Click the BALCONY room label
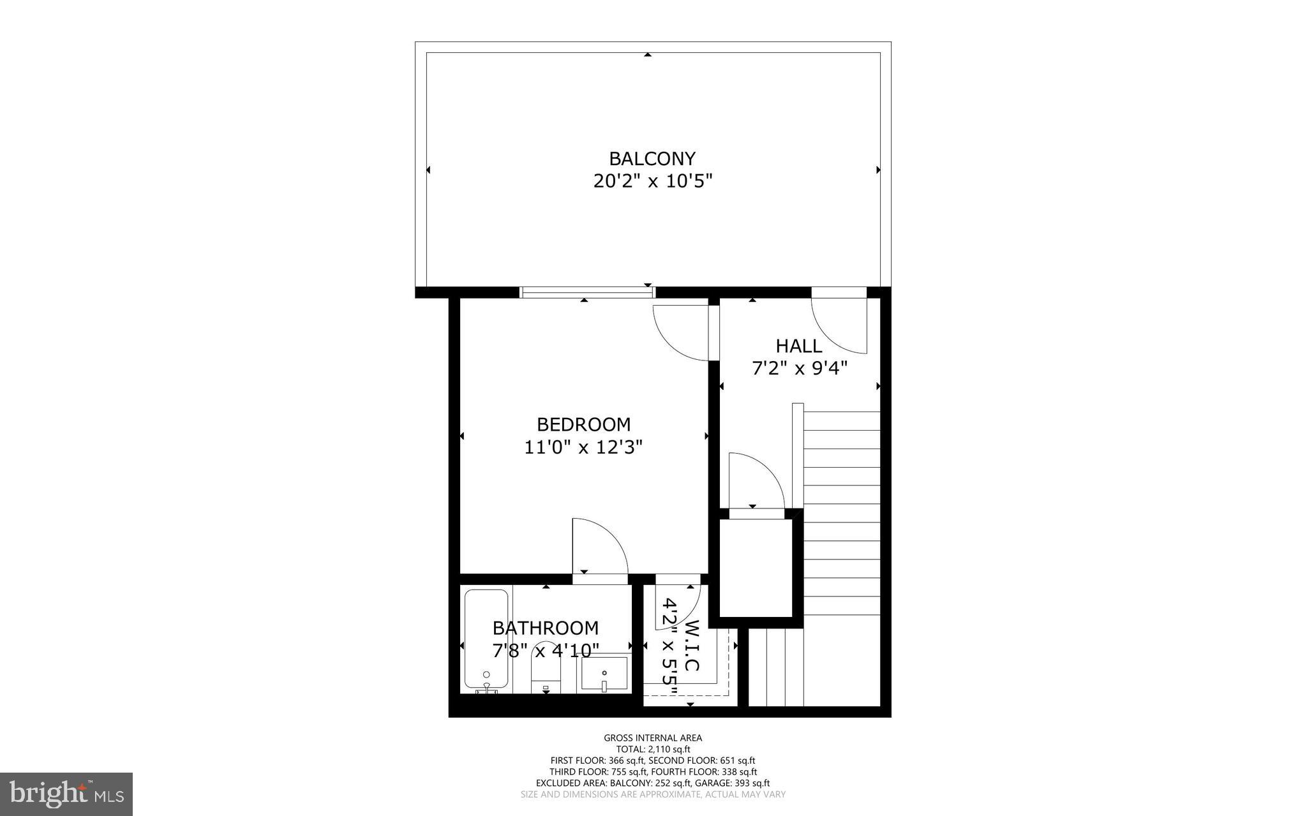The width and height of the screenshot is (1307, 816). tap(652, 158)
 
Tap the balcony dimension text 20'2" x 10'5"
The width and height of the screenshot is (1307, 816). tap(652, 181)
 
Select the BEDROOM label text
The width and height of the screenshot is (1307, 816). tap(583, 424)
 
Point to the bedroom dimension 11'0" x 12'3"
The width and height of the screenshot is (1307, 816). tap(583, 447)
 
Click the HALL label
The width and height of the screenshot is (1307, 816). tap(798, 346)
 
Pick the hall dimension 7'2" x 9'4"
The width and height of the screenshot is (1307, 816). tap(799, 369)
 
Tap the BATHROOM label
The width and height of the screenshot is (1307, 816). tap(546, 628)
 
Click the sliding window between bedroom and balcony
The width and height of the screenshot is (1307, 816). tap(587, 292)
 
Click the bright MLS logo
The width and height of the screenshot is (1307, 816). tap(66, 793)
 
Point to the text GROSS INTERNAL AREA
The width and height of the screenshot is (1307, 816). tap(653, 738)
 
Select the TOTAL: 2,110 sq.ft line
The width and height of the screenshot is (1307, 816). tap(653, 750)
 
